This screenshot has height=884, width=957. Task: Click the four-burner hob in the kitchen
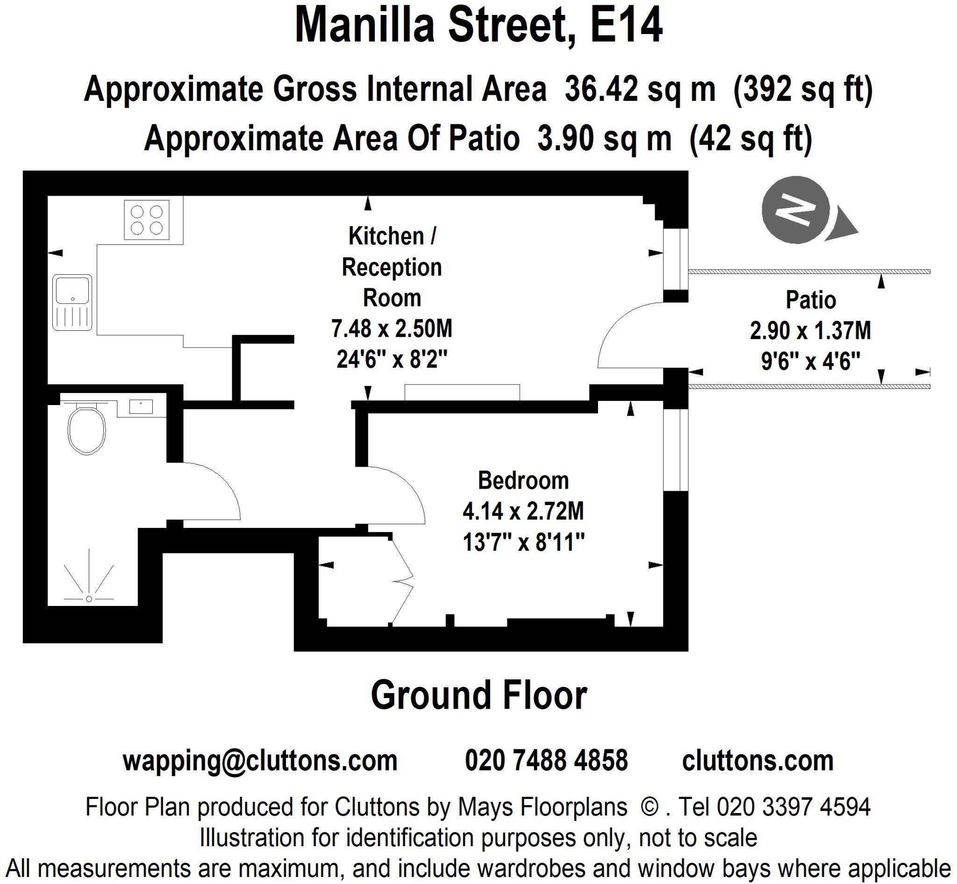click(x=146, y=220)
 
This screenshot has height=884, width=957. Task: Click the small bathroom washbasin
click(x=141, y=406)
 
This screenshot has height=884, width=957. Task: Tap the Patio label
click(x=811, y=300)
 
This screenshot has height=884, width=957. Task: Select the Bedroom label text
click(x=523, y=480)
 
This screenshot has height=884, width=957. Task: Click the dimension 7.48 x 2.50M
click(x=392, y=328)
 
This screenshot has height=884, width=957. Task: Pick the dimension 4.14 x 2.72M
click(x=523, y=511)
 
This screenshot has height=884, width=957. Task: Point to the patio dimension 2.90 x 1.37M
click(x=810, y=330)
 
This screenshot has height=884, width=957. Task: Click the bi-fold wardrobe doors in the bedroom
click(x=402, y=581)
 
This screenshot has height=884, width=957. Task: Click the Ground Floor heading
click(x=478, y=696)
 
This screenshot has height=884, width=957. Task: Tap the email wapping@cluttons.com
click(x=260, y=760)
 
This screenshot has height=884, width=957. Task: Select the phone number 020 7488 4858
click(x=546, y=760)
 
